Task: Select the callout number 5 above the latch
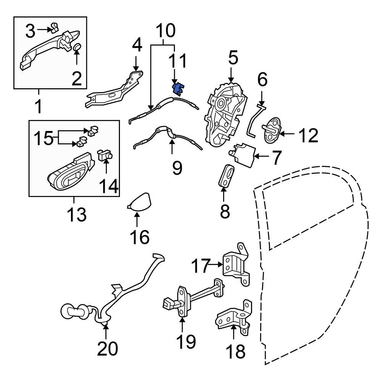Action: click(x=233, y=58)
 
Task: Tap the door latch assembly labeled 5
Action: click(x=225, y=115)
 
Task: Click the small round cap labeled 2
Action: click(x=77, y=47)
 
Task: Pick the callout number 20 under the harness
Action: click(x=107, y=348)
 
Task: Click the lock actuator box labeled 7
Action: click(x=243, y=155)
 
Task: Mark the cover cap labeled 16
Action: click(x=139, y=202)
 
